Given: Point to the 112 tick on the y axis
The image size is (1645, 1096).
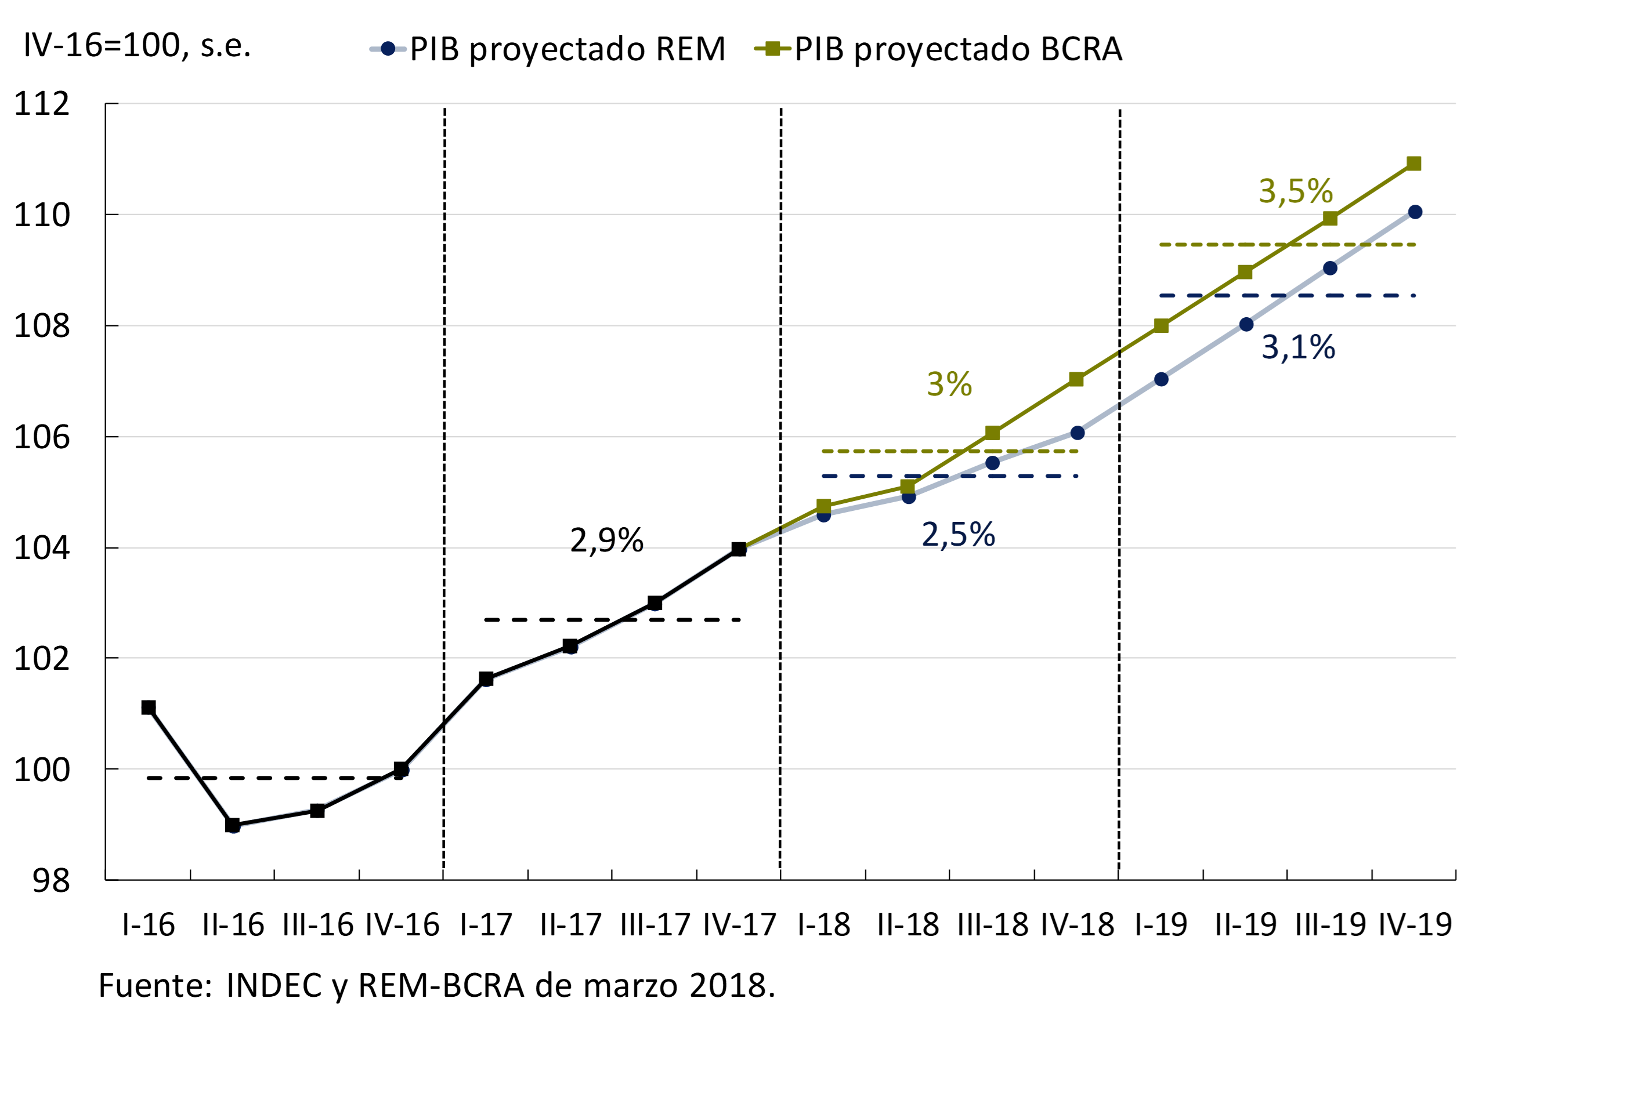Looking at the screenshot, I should pyautogui.click(x=42, y=104).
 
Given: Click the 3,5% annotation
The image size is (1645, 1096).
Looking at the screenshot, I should pyautogui.click(x=1295, y=191).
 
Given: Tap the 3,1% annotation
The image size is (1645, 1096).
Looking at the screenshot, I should pyautogui.click(x=1298, y=347).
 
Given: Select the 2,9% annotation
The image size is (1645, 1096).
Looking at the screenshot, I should pyautogui.click(x=606, y=540).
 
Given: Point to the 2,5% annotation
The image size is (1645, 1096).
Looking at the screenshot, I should pyautogui.click(x=958, y=535).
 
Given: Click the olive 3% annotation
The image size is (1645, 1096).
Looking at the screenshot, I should pyautogui.click(x=949, y=384).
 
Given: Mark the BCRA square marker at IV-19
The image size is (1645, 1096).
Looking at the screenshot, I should pyautogui.click(x=1413, y=164).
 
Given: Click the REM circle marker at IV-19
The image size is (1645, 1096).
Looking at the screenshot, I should pyautogui.click(x=1415, y=212).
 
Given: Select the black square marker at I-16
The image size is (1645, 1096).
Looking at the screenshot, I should pyautogui.click(x=149, y=707).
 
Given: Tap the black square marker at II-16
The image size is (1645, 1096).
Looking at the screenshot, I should pyautogui.click(x=233, y=825).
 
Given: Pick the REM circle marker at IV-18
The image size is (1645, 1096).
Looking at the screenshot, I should pyautogui.click(x=1078, y=433).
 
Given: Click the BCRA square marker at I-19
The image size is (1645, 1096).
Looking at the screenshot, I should pyautogui.click(x=1161, y=326).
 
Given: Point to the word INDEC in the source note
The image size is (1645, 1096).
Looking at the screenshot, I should pyautogui.click(x=274, y=986).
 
